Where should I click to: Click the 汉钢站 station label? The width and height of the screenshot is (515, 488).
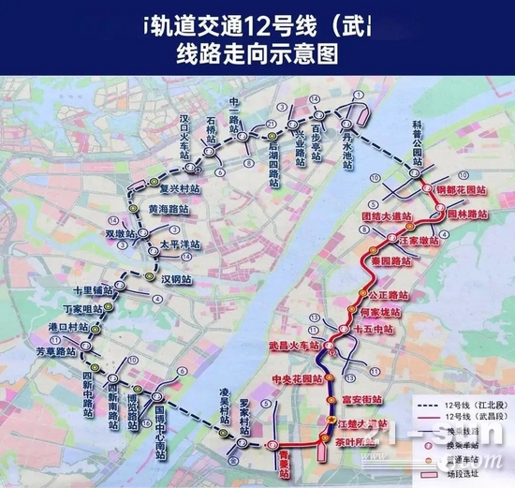[173, 279]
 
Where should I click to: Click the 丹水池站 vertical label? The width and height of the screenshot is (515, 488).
[348, 148]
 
